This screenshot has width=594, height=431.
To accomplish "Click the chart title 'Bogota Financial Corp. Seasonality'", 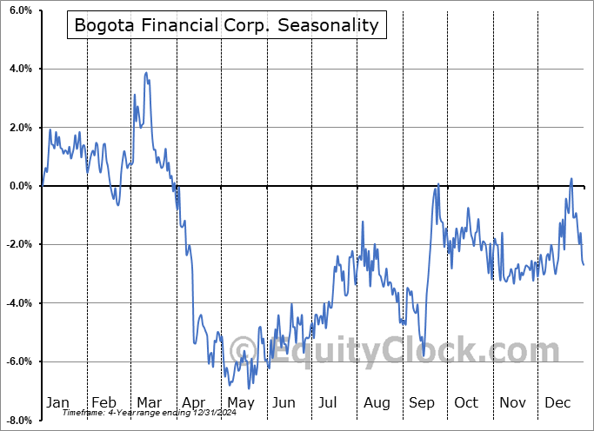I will coord(226,24).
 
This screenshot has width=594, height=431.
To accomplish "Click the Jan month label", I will coord(57,402).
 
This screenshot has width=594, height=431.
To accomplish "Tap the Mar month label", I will coord(149,402).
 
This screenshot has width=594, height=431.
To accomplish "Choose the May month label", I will coord(241,402).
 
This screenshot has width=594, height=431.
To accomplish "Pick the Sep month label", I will coord(421,402).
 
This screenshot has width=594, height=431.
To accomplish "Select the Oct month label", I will coord(466,402).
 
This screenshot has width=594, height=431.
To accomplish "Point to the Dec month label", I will coord(557,402).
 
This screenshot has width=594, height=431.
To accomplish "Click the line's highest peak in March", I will coord(146,73).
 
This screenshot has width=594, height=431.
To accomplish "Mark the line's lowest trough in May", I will coord(248,388).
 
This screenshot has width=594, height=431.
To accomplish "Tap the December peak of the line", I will coord(571,179).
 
